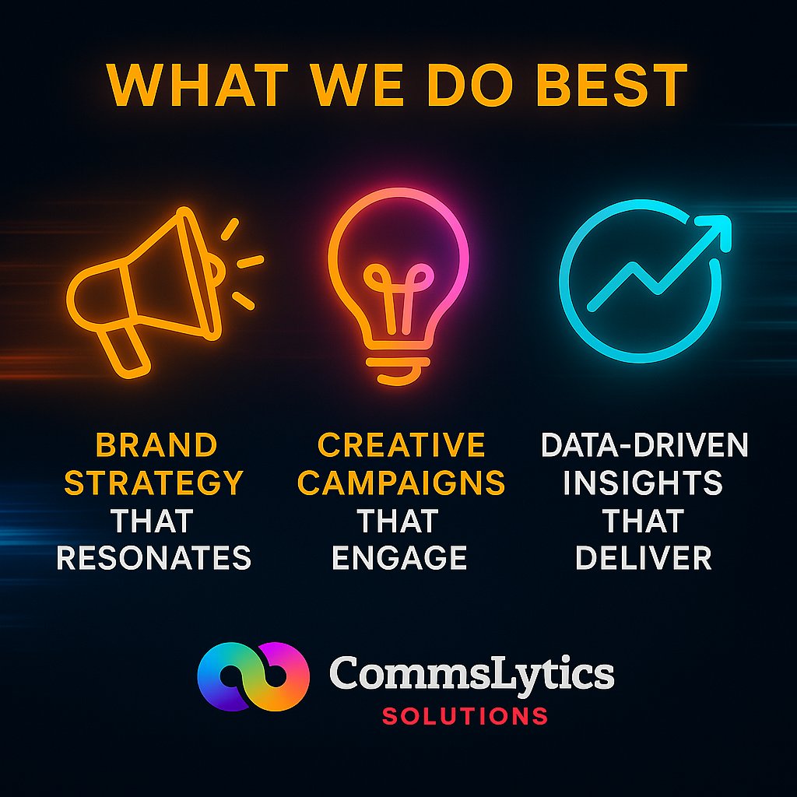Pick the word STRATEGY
click(x=153, y=483)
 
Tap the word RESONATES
click(x=154, y=558)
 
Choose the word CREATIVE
click(x=402, y=446)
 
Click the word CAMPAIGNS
click(x=402, y=483)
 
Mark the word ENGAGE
click(x=400, y=558)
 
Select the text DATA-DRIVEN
click(x=644, y=446)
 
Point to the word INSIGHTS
click(x=643, y=483)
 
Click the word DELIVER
click(x=643, y=558)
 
